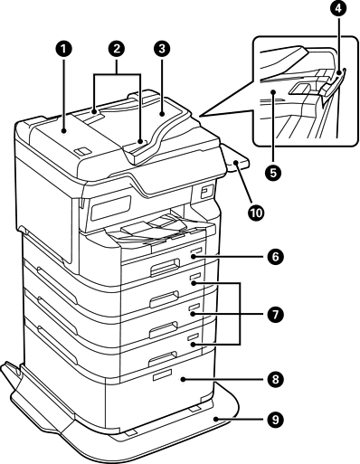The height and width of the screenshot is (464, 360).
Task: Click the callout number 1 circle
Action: [64, 50]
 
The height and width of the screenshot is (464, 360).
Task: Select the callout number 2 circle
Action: [118, 49]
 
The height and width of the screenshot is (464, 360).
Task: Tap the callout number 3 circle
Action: [162, 49]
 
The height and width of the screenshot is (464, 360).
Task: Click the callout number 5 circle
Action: [273, 173]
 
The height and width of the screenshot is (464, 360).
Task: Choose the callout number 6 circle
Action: [275, 257]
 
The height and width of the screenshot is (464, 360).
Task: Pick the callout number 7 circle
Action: [275, 315]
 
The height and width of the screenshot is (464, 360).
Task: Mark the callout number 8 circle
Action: [275, 379]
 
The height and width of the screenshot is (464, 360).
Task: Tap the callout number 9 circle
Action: [275, 420]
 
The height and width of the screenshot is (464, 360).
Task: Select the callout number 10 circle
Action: [256, 213]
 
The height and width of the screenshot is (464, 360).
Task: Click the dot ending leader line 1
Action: [64, 130]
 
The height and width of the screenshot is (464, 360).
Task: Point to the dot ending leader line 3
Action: [162, 114]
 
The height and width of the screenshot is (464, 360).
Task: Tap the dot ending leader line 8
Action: [182, 380]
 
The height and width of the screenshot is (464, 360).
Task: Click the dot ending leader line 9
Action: [215, 419]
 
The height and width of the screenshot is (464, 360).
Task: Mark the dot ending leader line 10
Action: [235, 163]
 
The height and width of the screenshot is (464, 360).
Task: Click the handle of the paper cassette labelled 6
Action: [166, 266]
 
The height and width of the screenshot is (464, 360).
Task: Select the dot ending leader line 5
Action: [273, 91]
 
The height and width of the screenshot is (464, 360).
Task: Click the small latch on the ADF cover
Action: [82, 151]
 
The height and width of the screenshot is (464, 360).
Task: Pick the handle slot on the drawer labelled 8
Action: [162, 374]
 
